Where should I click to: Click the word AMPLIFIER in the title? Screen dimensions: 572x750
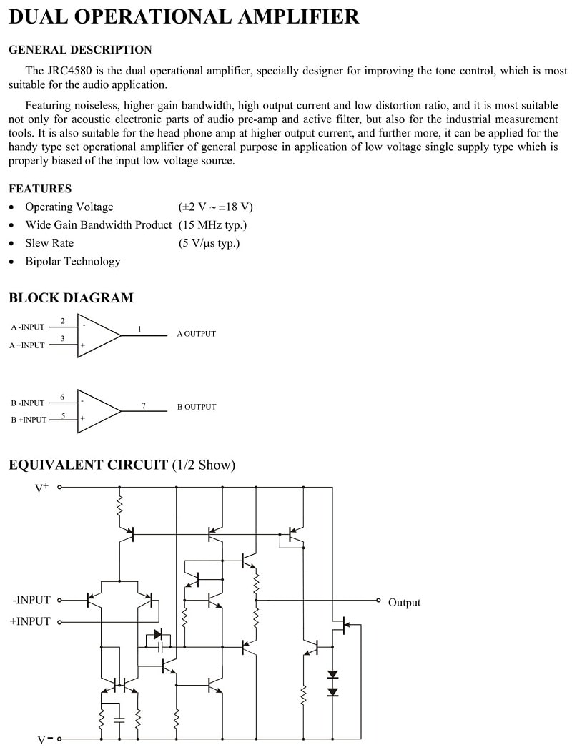(x=298, y=16)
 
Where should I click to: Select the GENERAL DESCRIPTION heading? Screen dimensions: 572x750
(x=80, y=50)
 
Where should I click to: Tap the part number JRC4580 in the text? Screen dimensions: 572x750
(x=70, y=71)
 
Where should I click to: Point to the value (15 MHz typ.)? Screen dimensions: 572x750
(x=213, y=224)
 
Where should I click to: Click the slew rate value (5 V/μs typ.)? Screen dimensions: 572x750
(x=209, y=243)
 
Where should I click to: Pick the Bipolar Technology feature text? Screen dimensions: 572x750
(x=73, y=261)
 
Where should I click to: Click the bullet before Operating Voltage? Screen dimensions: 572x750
(x=12, y=207)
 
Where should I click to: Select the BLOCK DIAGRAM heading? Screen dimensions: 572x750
(x=71, y=297)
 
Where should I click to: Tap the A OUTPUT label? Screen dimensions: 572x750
(x=196, y=334)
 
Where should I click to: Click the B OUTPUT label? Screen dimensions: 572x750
(x=197, y=407)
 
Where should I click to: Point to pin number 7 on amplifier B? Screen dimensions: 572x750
(x=144, y=405)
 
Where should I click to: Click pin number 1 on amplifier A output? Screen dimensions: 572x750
(x=139, y=329)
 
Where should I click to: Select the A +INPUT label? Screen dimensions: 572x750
(x=26, y=345)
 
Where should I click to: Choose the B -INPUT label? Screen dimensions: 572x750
(x=28, y=403)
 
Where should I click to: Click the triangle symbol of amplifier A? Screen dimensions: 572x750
(x=99, y=336)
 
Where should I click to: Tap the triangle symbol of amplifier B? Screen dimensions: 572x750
(x=99, y=411)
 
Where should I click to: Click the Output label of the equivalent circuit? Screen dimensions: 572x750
(x=404, y=603)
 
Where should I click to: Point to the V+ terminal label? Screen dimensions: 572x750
(x=42, y=488)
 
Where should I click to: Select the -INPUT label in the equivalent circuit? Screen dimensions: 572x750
(x=31, y=600)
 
